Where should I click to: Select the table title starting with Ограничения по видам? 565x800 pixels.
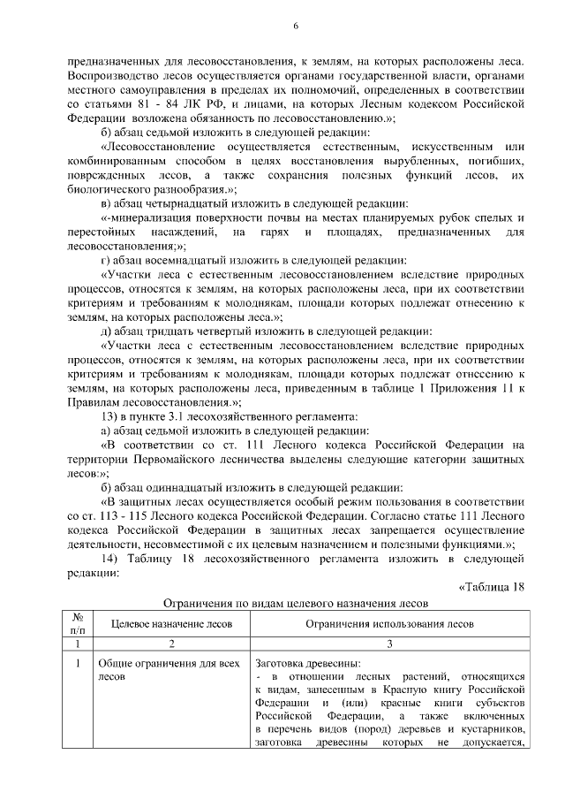coord(296,605)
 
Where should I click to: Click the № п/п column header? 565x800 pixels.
coord(79,623)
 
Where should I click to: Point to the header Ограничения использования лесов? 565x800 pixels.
coord(390,623)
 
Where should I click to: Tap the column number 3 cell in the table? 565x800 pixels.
coord(390,644)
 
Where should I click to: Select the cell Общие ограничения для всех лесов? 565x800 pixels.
coord(168,669)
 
